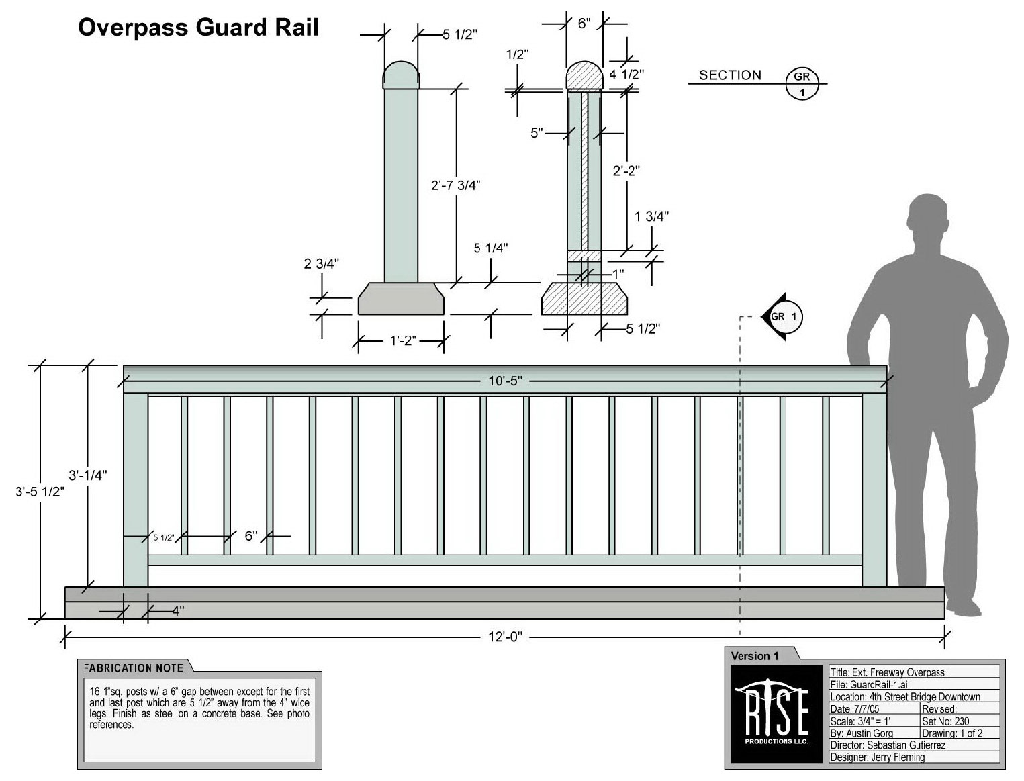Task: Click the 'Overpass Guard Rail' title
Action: tap(198, 28)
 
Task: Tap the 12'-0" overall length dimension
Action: tap(505, 636)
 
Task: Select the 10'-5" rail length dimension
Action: tap(505, 381)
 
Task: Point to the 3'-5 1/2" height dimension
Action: tap(40, 491)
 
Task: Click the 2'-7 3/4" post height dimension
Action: tap(456, 185)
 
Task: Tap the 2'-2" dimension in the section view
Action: tap(626, 171)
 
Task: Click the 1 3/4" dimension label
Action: tap(651, 216)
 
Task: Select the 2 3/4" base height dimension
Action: tap(322, 264)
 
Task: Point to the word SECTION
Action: tap(730, 75)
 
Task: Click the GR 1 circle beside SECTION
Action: tap(802, 83)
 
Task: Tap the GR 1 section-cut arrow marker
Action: tap(783, 316)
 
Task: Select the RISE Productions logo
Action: tap(776, 714)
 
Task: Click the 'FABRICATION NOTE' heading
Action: tap(133, 668)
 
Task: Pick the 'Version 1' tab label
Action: tap(755, 656)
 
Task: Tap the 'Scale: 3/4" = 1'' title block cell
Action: tap(860, 721)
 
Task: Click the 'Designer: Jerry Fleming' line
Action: tap(877, 757)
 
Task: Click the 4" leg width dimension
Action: tap(177, 610)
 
